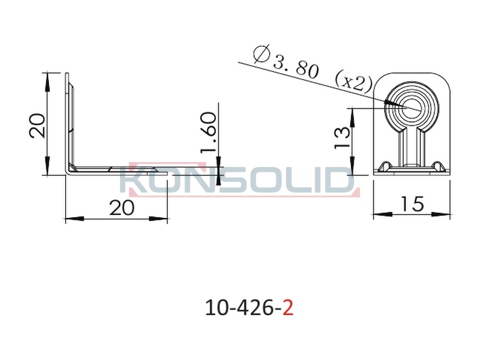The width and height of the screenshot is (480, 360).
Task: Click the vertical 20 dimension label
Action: pos(37,125)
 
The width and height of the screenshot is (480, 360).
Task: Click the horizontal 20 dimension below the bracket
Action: pos(122,207)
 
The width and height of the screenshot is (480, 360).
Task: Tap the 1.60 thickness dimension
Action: pos(208,132)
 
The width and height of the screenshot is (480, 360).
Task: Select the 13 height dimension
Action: pos(342,138)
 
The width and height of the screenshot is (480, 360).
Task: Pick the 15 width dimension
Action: pos(412,204)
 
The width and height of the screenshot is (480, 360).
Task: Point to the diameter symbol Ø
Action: pos(262,53)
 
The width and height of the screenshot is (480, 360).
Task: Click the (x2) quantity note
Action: pos(354,81)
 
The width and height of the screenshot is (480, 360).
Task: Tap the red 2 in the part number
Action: pos(288,308)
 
